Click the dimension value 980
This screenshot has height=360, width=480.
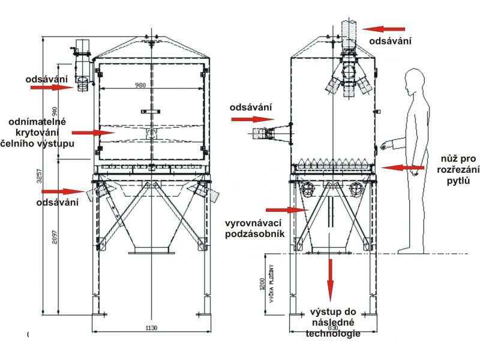[140, 85]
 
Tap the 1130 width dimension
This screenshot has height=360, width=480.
[151, 327]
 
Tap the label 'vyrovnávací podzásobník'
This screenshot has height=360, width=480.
[254, 229]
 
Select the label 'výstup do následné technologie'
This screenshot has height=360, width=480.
[333, 323]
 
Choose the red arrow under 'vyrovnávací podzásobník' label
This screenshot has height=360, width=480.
[285, 210]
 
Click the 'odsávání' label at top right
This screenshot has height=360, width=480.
[390, 41]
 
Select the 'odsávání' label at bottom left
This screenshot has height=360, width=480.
[58, 202]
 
